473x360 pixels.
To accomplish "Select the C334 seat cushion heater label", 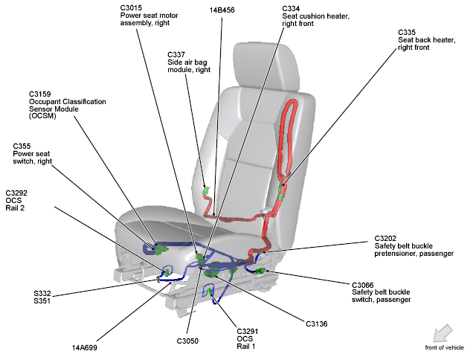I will [x=292, y=8].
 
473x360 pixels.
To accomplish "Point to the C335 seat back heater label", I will [x=407, y=33].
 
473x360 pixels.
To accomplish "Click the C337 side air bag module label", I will [x=176, y=54].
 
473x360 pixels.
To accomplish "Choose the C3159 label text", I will [x=41, y=94].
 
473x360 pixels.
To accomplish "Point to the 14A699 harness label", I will [x=84, y=347].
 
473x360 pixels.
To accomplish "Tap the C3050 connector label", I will [x=189, y=341].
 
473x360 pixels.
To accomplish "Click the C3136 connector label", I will [x=317, y=324].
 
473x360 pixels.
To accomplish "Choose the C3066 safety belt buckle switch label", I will [x=364, y=284].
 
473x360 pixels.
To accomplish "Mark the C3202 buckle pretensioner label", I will [x=387, y=239].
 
